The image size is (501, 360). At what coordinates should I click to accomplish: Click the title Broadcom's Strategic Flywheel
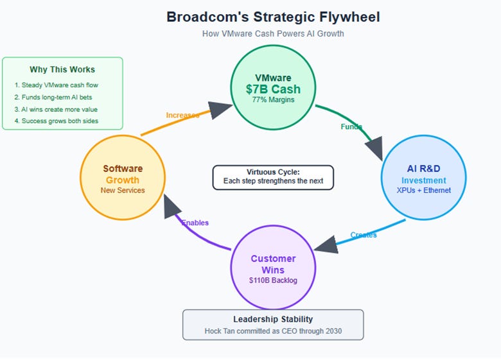click(273, 17)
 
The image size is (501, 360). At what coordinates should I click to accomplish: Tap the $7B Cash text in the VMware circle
click(273, 89)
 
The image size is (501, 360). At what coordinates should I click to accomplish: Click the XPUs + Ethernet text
click(424, 190)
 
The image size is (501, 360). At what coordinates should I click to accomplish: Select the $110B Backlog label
click(273, 280)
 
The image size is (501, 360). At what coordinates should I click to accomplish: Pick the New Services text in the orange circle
click(123, 190)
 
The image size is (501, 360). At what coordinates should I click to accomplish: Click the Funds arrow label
click(351, 127)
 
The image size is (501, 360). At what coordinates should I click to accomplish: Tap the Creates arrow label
click(364, 235)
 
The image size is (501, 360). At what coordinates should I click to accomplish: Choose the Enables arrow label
click(195, 223)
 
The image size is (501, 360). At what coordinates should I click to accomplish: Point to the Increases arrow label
click(182, 116)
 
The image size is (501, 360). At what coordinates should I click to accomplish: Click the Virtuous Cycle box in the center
click(273, 177)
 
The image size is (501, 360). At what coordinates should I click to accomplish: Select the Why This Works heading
click(62, 69)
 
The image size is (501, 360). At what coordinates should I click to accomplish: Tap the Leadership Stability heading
click(273, 319)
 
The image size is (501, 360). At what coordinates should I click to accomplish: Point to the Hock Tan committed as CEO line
click(273, 331)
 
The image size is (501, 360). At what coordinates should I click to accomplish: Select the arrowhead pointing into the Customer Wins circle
click(326, 244)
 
